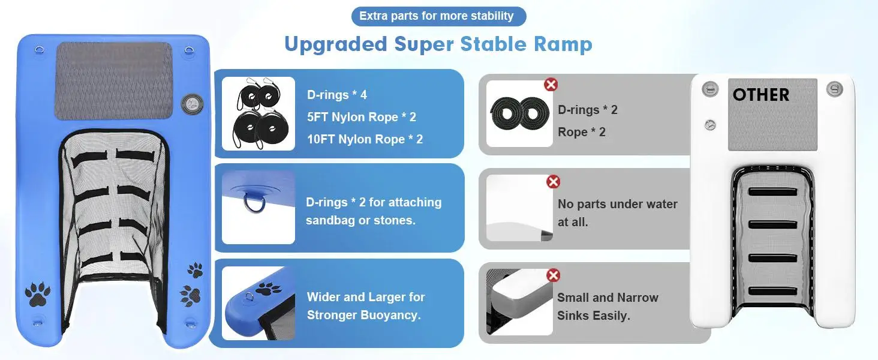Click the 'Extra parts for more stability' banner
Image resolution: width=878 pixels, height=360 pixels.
coord(438,16)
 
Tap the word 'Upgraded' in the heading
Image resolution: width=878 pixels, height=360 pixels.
coord(335,44)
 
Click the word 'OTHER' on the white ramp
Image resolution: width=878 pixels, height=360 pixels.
coord(761,95)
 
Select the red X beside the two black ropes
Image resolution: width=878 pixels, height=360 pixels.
coord(551,85)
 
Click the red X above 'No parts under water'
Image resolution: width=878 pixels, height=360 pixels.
coord(553,182)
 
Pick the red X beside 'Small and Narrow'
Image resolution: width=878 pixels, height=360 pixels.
coord(553,275)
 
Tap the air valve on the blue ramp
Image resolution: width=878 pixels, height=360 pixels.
coord(192,104)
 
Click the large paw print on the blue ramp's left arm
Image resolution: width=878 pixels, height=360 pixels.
coord(37,294)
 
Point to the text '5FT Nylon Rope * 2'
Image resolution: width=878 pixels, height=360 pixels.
coord(362,117)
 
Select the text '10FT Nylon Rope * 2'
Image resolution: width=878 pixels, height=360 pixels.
coord(365,139)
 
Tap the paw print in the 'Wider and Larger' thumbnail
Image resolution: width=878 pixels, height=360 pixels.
coord(269,289)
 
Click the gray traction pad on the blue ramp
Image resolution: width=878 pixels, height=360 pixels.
coord(114,80)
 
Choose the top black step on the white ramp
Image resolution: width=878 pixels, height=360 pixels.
coord(772,192)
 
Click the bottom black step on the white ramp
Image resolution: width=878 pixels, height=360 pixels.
coord(772,292)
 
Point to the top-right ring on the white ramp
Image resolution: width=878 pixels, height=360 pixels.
coord(834,89)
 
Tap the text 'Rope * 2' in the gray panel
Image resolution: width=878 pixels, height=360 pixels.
coord(582,132)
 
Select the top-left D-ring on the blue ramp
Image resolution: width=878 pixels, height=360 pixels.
coord(40,50)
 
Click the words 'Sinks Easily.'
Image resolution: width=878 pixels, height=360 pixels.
coord(594,316)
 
